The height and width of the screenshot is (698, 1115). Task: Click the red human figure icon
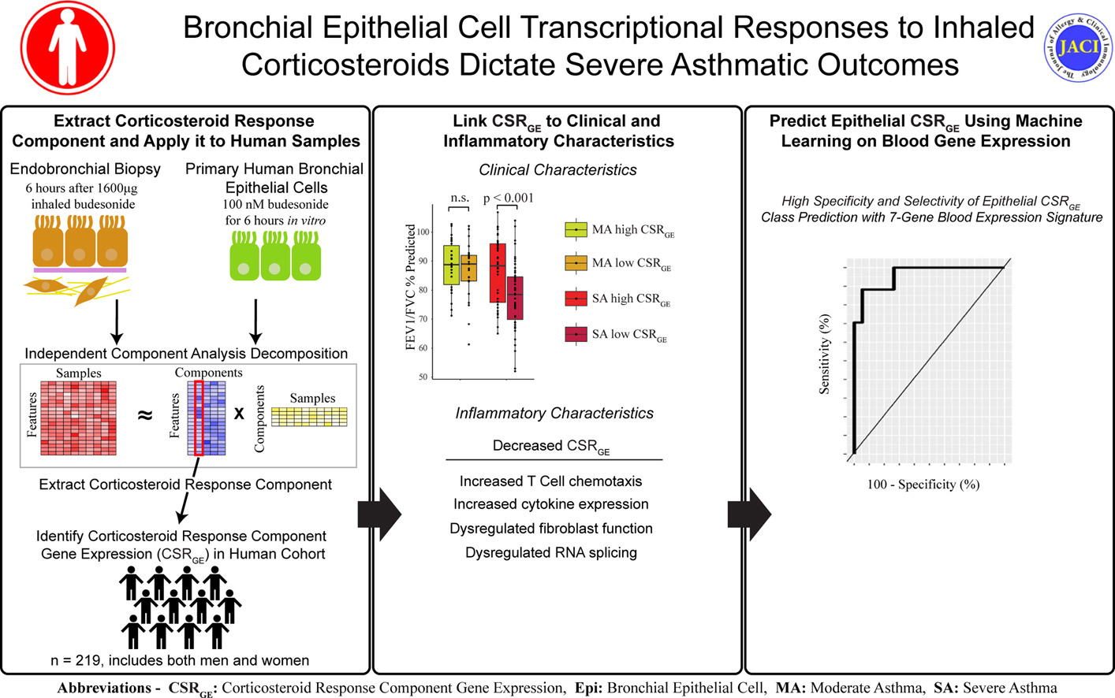click(x=67, y=47)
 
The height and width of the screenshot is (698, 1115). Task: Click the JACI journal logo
click(x=1078, y=47)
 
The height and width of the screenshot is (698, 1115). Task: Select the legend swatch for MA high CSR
click(x=576, y=229)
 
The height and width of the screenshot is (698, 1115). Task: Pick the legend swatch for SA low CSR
click(x=576, y=334)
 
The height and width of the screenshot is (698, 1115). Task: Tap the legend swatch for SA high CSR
click(x=576, y=299)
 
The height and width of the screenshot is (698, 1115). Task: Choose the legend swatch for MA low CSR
click(x=576, y=263)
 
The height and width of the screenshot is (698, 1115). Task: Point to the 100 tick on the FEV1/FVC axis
click(x=423, y=232)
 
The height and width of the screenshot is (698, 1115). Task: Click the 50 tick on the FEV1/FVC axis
click(x=423, y=377)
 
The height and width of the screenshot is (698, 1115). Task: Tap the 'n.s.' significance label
click(x=459, y=198)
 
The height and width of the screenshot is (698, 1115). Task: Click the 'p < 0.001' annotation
click(x=508, y=198)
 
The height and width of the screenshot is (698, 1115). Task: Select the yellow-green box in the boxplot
click(x=451, y=265)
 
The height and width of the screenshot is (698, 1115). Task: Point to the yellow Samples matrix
click(x=309, y=416)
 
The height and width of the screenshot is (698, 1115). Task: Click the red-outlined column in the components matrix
click(x=199, y=418)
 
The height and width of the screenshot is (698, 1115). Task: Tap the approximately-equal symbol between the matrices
click(x=145, y=415)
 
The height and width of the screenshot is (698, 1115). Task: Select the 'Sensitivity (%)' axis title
click(x=825, y=354)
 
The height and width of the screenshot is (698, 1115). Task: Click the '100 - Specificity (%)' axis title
click(x=923, y=485)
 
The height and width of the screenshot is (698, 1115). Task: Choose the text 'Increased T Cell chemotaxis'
click(x=550, y=481)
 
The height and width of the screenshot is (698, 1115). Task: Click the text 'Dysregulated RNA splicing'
click(x=550, y=553)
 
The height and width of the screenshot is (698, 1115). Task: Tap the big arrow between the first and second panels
click(x=379, y=514)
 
